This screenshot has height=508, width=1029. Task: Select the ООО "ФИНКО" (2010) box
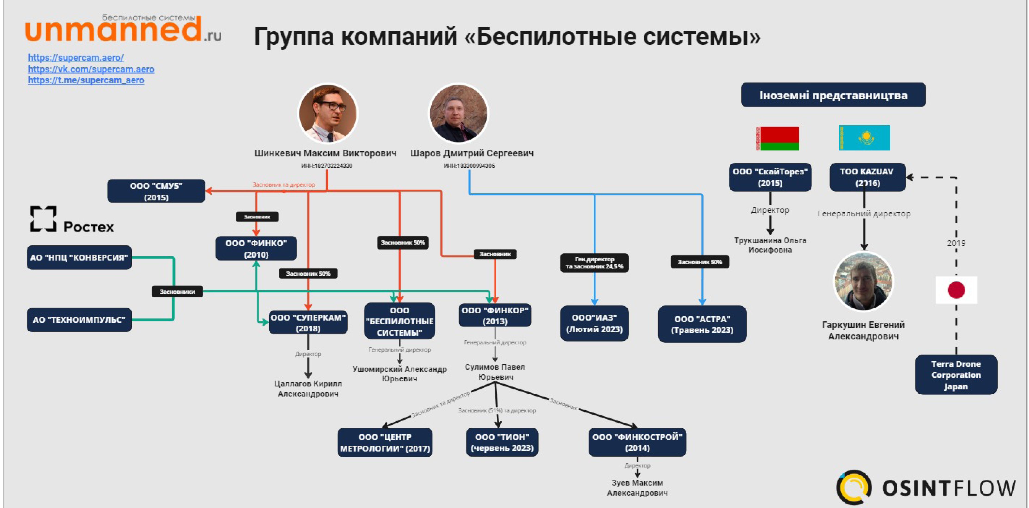(x=256, y=249)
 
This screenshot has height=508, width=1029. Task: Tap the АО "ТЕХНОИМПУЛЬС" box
(x=79, y=320)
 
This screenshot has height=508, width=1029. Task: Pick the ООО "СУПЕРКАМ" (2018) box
(x=308, y=323)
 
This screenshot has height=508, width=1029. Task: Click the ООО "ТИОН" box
(x=502, y=442)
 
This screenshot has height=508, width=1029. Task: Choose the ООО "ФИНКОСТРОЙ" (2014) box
(x=637, y=442)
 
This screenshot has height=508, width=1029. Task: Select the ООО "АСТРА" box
(x=702, y=324)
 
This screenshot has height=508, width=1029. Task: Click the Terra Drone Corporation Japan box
(x=956, y=375)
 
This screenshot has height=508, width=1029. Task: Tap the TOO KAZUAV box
(x=867, y=177)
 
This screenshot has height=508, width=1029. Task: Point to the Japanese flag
(x=956, y=290)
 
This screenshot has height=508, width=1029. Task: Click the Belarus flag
(x=777, y=138)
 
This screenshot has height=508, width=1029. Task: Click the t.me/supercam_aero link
(x=86, y=80)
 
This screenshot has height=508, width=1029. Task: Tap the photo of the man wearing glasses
(x=328, y=113)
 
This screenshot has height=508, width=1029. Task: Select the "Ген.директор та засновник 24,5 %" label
(x=594, y=263)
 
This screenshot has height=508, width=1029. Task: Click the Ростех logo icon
(x=43, y=219)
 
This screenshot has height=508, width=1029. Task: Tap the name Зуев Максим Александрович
(x=637, y=488)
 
